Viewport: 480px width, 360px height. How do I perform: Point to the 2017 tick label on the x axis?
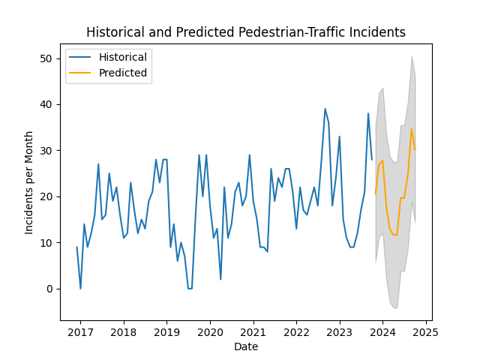(80, 332)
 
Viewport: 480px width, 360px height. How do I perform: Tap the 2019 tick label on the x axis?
(166, 332)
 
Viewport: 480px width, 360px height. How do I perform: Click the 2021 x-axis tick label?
(253, 332)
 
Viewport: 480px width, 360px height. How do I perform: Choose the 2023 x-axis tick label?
(340, 332)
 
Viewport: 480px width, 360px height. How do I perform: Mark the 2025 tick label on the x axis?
(426, 332)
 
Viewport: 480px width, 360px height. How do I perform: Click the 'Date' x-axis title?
(245, 346)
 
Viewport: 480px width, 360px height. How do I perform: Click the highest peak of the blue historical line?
(325, 109)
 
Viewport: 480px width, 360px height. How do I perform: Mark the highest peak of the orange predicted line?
(411, 128)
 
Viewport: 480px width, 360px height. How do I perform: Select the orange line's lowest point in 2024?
(393, 235)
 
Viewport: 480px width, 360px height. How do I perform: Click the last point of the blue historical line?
(372, 159)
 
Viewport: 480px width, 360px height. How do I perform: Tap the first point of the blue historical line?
(76, 247)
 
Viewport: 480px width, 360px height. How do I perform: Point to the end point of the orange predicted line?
(415, 149)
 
